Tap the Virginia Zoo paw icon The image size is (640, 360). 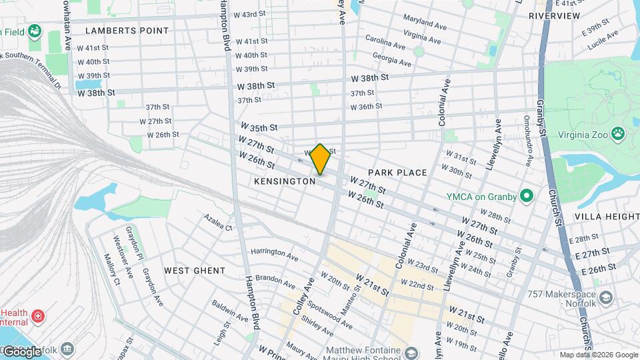coord(619,133)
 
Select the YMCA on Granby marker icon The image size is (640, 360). coord(527,196)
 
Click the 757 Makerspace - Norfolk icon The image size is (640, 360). coord(605,297)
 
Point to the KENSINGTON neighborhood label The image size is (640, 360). coord(285,181)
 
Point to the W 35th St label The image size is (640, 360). coord(259,127)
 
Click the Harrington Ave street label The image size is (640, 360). coord(274,254)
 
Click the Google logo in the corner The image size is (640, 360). coord(22,351)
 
